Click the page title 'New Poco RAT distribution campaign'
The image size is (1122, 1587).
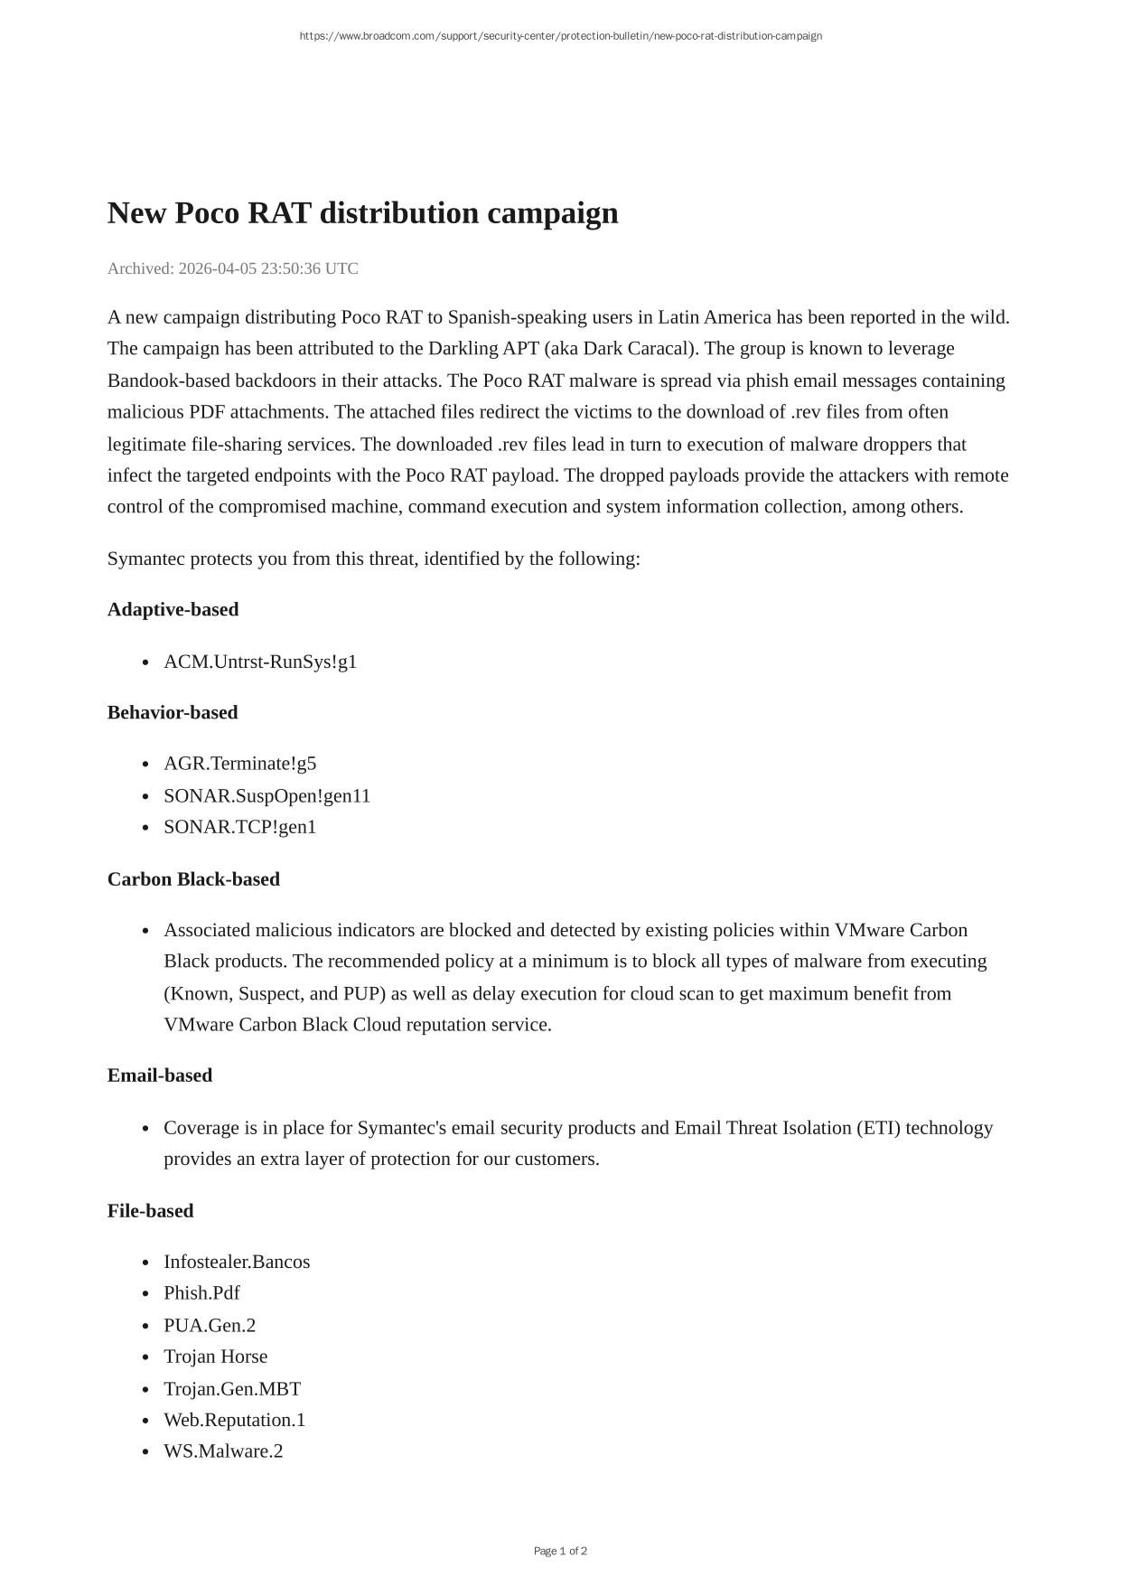tap(362, 213)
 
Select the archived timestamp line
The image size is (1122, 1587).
tap(232, 268)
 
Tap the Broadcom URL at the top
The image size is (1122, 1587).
tap(560, 36)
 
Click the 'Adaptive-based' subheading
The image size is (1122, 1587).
tap(173, 609)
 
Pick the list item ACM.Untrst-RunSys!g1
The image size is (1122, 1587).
tap(260, 662)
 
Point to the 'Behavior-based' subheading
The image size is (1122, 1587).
tap(173, 712)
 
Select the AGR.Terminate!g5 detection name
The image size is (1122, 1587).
tap(239, 764)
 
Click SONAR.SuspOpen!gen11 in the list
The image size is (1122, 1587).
tap(266, 795)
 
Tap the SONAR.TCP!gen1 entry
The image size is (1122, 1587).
tap(239, 827)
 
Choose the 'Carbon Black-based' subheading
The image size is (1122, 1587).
tap(193, 878)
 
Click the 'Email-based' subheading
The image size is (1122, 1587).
tap(160, 1075)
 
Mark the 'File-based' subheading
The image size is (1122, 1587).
tap(150, 1210)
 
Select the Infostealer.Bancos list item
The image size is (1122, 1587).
tap(237, 1262)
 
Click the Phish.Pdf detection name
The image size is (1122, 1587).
tap(201, 1293)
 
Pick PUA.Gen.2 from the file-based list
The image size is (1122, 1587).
tap(210, 1325)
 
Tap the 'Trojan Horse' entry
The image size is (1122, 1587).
tap(215, 1357)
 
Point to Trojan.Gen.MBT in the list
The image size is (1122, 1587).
tap(232, 1388)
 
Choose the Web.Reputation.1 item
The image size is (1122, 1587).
tap(234, 1420)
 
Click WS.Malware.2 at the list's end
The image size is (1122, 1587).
tap(223, 1451)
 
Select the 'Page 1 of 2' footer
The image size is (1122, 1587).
tap(560, 1551)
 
